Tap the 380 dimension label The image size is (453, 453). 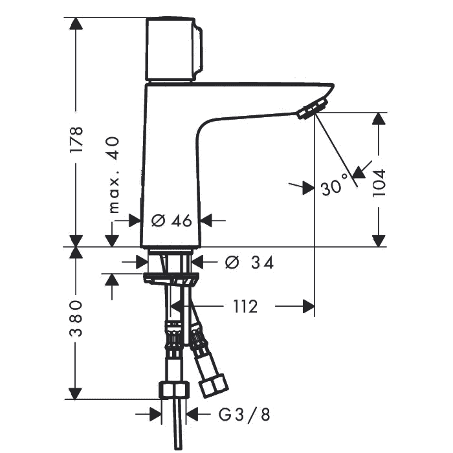pyautogui.click(x=76, y=320)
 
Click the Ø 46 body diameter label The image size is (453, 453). pyautogui.click(x=172, y=221)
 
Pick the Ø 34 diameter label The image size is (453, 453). pyautogui.click(x=250, y=263)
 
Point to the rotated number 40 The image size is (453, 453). pyautogui.click(x=114, y=148)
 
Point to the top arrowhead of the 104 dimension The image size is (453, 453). pyautogui.click(x=378, y=119)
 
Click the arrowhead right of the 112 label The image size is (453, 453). pyautogui.click(x=308, y=306)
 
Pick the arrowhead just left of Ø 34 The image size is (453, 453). pyautogui.click(x=143, y=262)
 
